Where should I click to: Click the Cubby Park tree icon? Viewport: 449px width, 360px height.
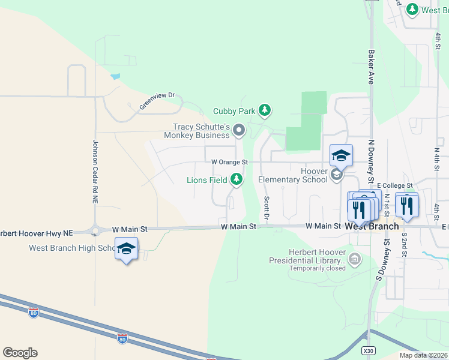click(x=265, y=110)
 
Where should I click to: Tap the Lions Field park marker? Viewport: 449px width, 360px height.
click(x=237, y=179)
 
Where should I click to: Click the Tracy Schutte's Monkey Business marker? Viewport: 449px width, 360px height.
click(x=240, y=130)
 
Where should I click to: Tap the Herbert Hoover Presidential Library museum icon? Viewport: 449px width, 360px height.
click(x=355, y=259)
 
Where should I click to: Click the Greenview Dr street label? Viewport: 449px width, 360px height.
click(x=157, y=100)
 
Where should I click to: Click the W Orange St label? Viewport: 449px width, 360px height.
click(x=229, y=162)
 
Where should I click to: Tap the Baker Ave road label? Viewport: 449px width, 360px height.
click(x=371, y=66)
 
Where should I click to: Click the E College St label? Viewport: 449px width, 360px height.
click(x=395, y=186)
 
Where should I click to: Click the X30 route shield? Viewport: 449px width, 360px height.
click(x=369, y=350)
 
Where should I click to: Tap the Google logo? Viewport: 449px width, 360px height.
click(x=20, y=353)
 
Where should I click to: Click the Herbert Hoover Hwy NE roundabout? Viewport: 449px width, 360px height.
click(x=95, y=229)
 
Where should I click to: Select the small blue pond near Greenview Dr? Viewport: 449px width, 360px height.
click(x=115, y=77)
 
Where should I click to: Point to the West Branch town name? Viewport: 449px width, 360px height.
click(x=372, y=226)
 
